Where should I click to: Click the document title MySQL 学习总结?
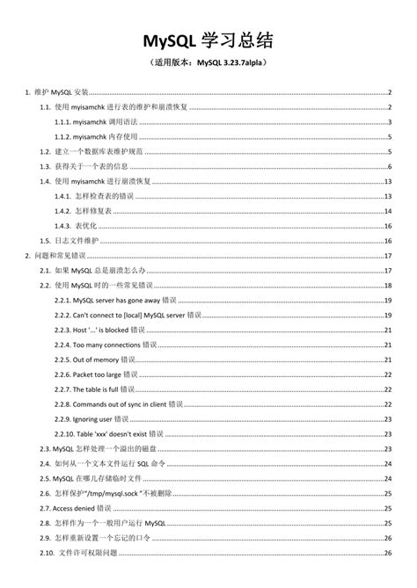208,40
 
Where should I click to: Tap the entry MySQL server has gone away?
121,301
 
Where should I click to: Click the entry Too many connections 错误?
113,345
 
